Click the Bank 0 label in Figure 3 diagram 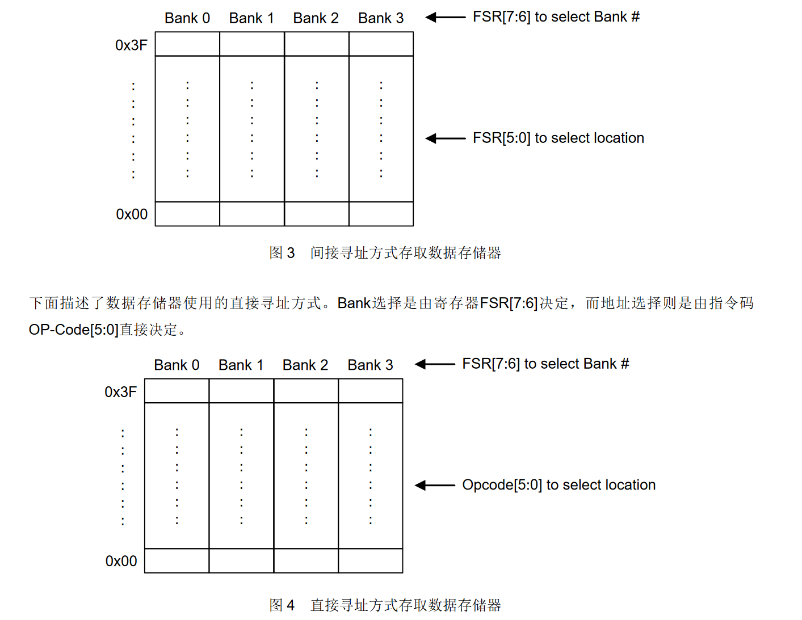tap(187, 18)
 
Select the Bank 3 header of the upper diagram tap(381, 18)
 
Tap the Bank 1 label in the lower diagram tap(241, 365)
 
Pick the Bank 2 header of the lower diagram tap(305, 365)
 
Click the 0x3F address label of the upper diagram tap(131, 45)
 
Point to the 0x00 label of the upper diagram tap(131, 214)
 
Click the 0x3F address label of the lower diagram tap(120, 392)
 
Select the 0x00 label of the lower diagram tap(121, 560)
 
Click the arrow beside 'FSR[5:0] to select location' tap(446, 138)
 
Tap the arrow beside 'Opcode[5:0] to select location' tap(435, 485)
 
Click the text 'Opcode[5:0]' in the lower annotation tap(502, 484)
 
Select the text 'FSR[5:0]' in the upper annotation tap(502, 138)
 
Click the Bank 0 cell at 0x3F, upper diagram tap(187, 44)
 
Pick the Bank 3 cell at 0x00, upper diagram tap(381, 213)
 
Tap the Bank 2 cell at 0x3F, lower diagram tap(306, 391)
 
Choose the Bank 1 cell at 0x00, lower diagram tap(241, 560)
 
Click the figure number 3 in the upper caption tap(291, 252)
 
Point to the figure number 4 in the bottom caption tap(291, 605)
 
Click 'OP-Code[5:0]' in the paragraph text tap(74, 330)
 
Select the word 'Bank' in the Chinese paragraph tap(354, 303)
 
